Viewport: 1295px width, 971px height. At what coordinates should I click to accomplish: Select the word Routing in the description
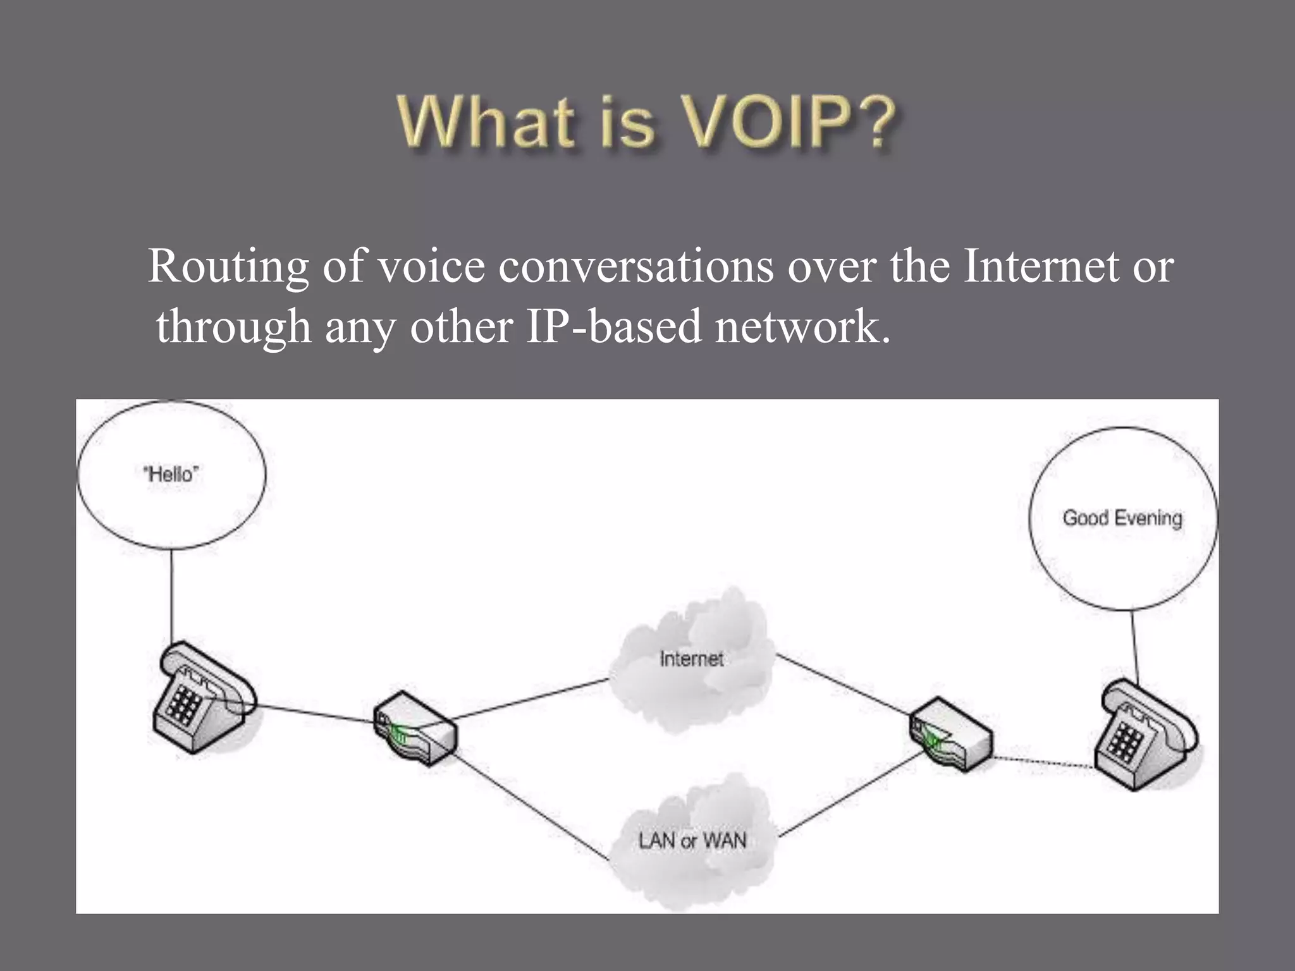[x=228, y=267]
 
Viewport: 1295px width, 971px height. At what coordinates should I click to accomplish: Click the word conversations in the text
[x=635, y=267]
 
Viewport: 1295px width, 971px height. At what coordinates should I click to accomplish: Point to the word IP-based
[x=614, y=327]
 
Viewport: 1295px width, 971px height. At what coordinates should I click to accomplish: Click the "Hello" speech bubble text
[x=171, y=473]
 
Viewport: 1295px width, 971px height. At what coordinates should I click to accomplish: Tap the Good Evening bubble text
[x=1122, y=518]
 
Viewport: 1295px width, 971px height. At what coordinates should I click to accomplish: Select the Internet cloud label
[x=691, y=659]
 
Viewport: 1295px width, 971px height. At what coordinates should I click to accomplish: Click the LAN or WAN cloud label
[x=692, y=841]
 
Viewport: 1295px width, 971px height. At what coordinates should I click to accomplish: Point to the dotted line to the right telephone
[x=1043, y=762]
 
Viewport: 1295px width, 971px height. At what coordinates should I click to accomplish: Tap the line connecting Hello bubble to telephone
[x=171, y=594]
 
